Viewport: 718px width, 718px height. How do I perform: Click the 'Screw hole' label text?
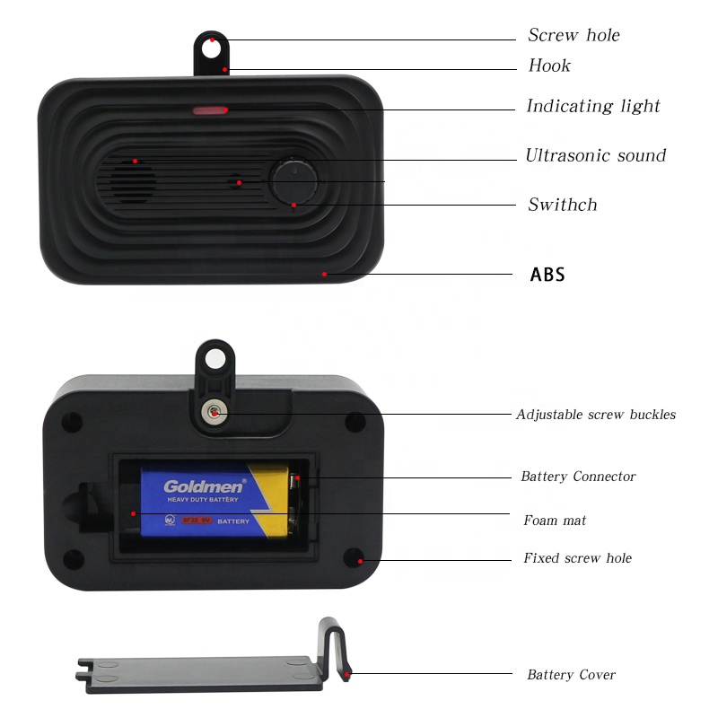(x=574, y=36)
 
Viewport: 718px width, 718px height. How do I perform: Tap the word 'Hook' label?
(x=549, y=66)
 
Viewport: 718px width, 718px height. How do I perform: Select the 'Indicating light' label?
(x=592, y=107)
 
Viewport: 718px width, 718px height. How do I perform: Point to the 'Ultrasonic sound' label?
(x=595, y=156)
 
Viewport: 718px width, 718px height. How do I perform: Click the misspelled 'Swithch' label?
(x=562, y=205)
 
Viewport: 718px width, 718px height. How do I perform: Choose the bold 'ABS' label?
(x=547, y=275)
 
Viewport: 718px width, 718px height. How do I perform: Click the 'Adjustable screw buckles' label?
(x=595, y=415)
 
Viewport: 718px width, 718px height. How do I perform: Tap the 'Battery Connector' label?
(x=578, y=477)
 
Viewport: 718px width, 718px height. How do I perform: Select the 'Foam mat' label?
(x=555, y=521)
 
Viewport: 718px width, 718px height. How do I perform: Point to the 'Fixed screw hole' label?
(x=577, y=558)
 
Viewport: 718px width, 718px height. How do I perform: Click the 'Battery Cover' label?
(x=571, y=675)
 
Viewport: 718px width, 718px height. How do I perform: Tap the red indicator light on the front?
(x=210, y=111)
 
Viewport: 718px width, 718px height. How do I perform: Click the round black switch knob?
(x=294, y=179)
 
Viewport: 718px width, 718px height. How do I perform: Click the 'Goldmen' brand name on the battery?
(x=204, y=486)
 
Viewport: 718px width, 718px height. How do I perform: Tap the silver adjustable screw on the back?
(x=214, y=413)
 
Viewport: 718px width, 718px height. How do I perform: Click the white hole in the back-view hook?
(x=214, y=360)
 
